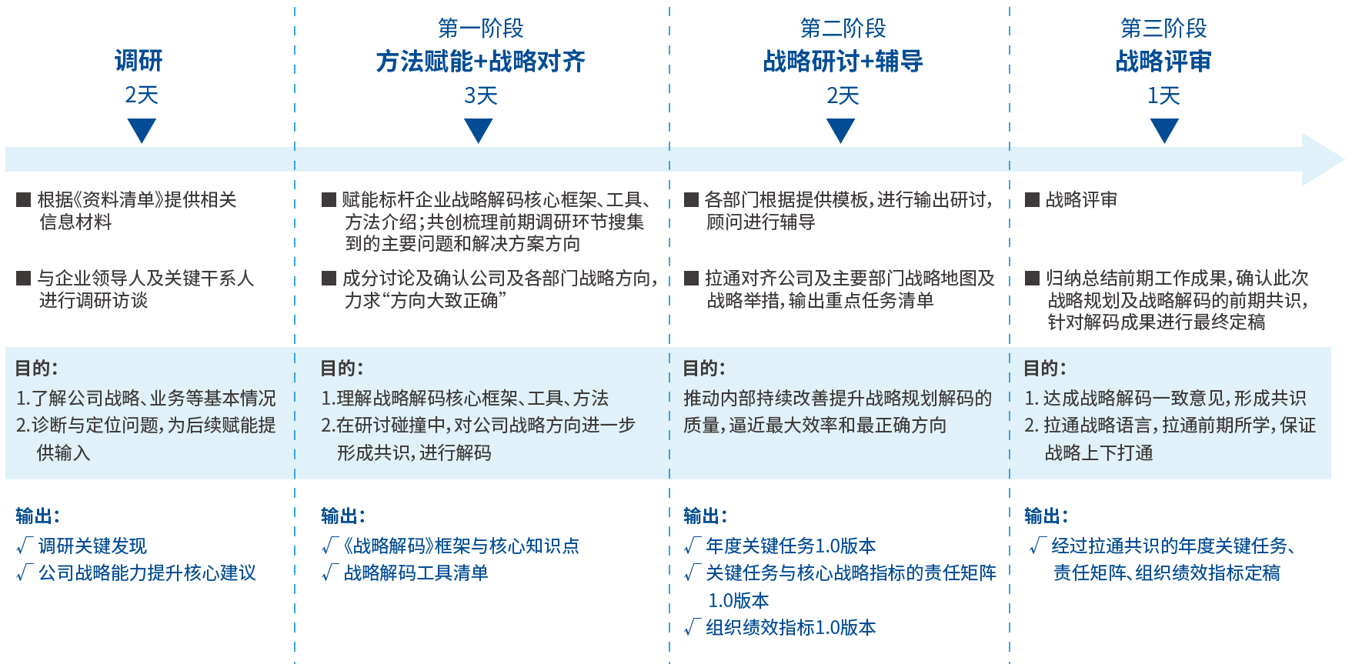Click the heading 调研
[139, 61]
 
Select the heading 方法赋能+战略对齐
[480, 61]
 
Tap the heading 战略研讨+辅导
[843, 61]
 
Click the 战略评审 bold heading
[1163, 61]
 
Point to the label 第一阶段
[480, 28]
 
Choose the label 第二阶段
[843, 28]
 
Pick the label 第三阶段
[1163, 28]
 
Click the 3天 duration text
[480, 95]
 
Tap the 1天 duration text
[1163, 95]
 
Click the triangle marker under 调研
[142, 129]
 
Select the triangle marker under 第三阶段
[1163, 129]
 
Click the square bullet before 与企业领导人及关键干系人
[23, 279]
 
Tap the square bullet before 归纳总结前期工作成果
[1032, 279]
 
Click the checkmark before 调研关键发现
[23, 546]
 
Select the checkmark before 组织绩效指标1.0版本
[691, 628]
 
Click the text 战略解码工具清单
[416, 573]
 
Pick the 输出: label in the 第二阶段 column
[705, 516]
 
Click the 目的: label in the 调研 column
[36, 368]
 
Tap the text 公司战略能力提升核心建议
[147, 573]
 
